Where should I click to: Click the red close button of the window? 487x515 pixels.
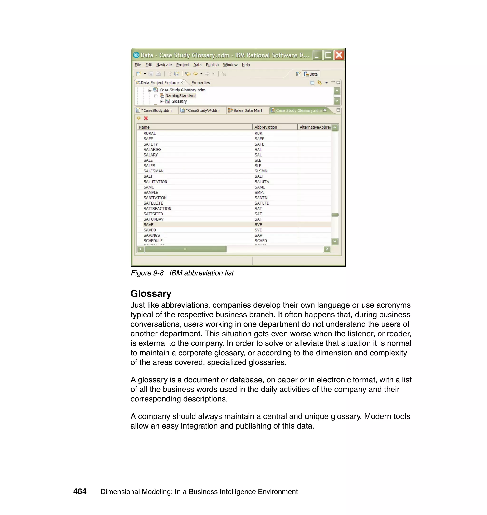click(x=339, y=55)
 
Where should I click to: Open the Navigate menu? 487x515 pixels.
click(x=164, y=65)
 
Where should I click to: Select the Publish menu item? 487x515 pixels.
click(x=212, y=65)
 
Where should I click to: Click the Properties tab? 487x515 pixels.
click(x=200, y=83)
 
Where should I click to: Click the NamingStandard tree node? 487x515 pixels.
click(x=180, y=96)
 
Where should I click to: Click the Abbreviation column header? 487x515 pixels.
click(x=266, y=127)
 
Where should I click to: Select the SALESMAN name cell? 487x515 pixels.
click(x=153, y=171)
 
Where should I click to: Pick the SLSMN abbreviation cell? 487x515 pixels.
click(x=261, y=171)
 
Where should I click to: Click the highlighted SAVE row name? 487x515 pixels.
click(x=148, y=224)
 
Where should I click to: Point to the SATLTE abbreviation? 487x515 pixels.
click(x=261, y=203)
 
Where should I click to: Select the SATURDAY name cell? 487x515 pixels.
click(x=153, y=219)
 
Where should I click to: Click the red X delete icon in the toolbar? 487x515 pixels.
click(x=146, y=118)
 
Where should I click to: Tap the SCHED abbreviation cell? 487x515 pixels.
click(x=260, y=241)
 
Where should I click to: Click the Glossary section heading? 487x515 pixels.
click(x=151, y=294)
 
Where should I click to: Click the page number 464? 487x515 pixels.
click(x=80, y=491)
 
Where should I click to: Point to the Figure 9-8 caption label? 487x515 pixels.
click(x=147, y=273)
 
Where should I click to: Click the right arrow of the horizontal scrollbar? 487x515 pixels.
click(x=327, y=249)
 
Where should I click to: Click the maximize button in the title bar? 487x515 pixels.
click(x=328, y=55)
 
